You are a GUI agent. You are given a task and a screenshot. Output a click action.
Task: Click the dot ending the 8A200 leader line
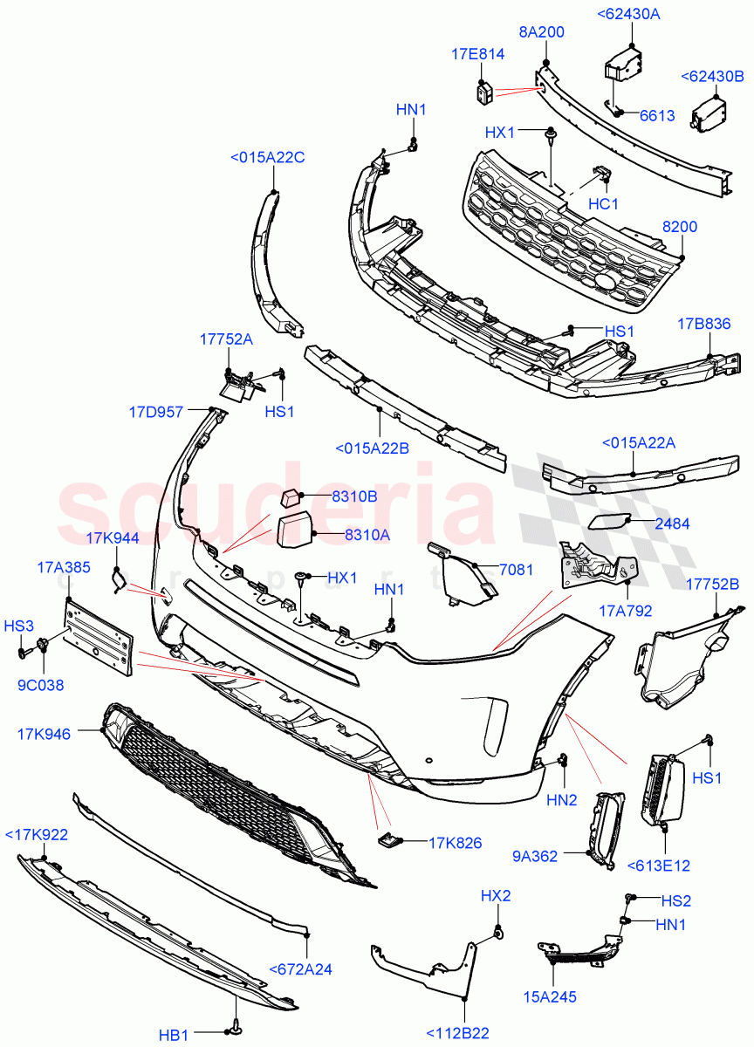click(545, 62)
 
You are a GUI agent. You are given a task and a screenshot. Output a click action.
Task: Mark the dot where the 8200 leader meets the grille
click(682, 257)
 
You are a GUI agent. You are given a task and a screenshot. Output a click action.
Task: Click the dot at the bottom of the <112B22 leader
click(464, 998)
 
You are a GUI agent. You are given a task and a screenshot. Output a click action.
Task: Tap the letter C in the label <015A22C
click(299, 158)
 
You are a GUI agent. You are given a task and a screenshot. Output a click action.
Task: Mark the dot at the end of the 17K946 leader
click(102, 729)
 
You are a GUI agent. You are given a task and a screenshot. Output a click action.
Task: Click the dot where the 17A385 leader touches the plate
click(69, 599)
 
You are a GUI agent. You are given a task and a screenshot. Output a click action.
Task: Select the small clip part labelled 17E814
click(483, 92)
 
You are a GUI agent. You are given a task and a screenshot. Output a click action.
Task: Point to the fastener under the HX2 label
click(499, 934)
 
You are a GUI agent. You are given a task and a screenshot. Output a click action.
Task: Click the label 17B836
click(703, 324)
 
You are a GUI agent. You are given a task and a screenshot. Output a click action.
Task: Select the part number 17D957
click(155, 412)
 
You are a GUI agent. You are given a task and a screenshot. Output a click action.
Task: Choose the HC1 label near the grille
click(603, 204)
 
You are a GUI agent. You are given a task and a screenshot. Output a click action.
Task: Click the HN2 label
click(561, 800)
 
